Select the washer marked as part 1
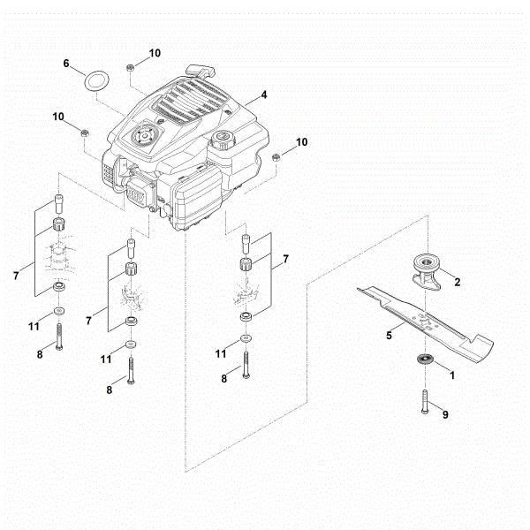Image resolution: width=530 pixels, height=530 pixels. coord(423,360)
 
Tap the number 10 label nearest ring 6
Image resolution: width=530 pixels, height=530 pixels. coord(155,53)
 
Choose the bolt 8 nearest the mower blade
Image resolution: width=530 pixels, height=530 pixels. coord(246,364)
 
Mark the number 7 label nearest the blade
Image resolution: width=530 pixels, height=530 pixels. coord(285,261)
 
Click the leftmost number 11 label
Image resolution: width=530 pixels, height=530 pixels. coord(34,326)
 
